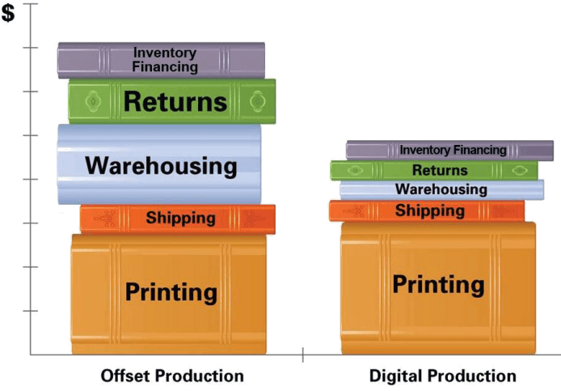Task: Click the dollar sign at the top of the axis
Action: (9, 14)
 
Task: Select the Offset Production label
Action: (171, 376)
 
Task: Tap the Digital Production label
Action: (442, 376)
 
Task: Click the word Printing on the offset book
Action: (171, 291)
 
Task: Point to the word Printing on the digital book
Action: (438, 284)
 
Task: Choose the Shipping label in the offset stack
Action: (180, 218)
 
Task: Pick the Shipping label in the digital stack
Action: (430, 211)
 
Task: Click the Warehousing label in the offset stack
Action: (161, 166)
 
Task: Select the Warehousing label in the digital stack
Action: (441, 189)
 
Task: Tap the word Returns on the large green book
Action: (175, 102)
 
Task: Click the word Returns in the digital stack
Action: (440, 170)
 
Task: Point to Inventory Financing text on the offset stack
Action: (165, 60)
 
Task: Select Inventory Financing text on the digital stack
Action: (453, 150)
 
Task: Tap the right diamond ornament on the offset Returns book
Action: (258, 101)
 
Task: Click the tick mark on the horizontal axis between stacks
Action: (302, 355)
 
